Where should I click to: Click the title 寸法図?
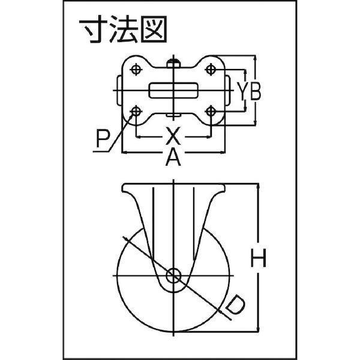pyautogui.click(x=123, y=29)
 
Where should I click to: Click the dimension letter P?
pyautogui.click(x=103, y=139)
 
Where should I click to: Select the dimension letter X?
pyautogui.click(x=173, y=136)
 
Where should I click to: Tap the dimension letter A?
pyautogui.click(x=173, y=157)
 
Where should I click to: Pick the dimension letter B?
pyautogui.click(x=256, y=91)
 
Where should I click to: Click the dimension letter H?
pyautogui.click(x=258, y=258)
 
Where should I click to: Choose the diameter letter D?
pyautogui.click(x=235, y=305)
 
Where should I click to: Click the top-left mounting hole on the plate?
pyautogui.click(x=136, y=69)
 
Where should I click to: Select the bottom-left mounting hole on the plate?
pyautogui.click(x=136, y=112)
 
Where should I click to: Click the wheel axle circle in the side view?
pyautogui.click(x=173, y=275)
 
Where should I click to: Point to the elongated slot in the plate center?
pyautogui.click(x=173, y=91)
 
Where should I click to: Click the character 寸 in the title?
pyautogui.click(x=93, y=29)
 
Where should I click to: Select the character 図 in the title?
pyautogui.click(x=154, y=29)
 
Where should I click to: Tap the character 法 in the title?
pyautogui.click(x=124, y=29)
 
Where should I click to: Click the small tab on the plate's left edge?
pyautogui.click(x=119, y=91)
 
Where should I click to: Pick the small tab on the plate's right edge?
pyautogui.click(x=227, y=91)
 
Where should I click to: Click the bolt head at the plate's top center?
pyautogui.click(x=173, y=63)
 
